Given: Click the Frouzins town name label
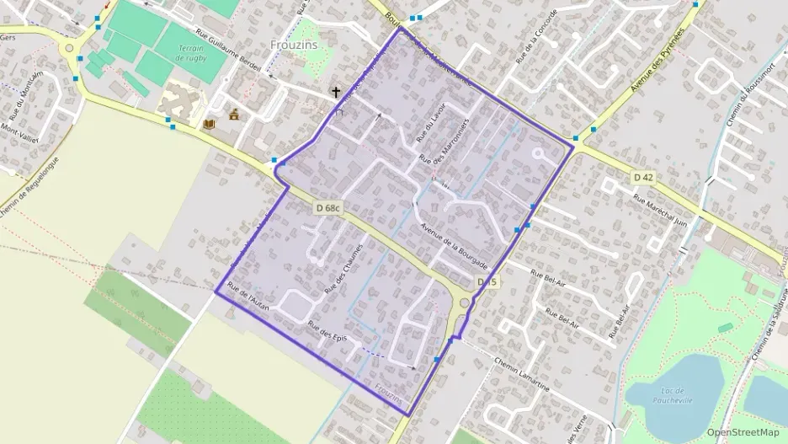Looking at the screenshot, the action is [294, 45].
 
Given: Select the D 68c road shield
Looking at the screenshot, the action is [329, 207].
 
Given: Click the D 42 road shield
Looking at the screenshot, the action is [643, 177].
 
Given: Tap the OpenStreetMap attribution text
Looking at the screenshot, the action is [743, 431].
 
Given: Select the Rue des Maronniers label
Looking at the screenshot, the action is [443, 141].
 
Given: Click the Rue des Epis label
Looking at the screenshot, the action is [327, 334].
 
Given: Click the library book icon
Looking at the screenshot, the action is [210, 125].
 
